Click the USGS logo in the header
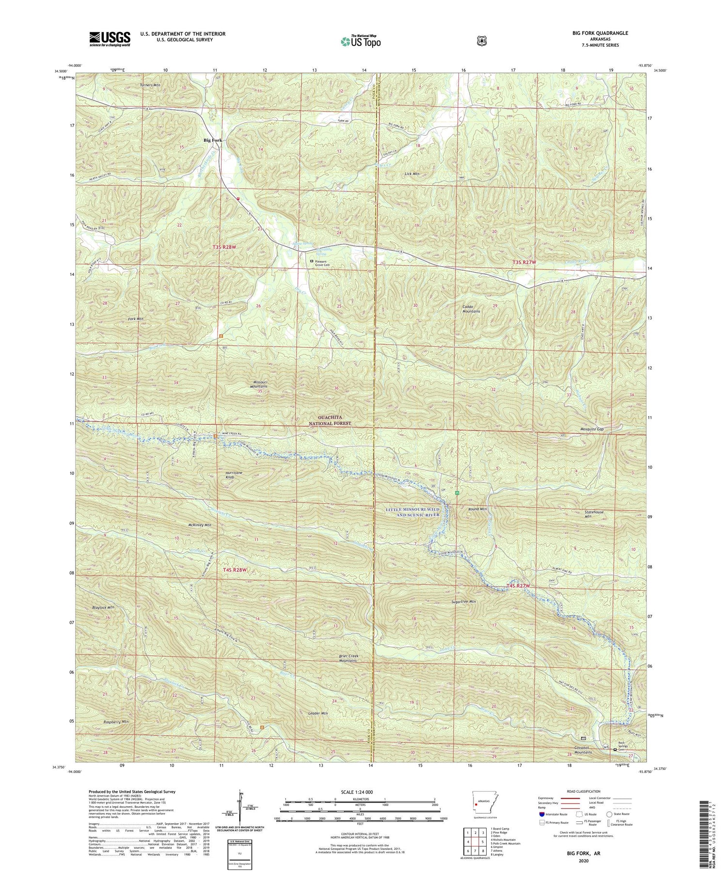click(x=110, y=39)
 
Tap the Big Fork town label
click(x=212, y=140)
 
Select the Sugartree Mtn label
click(x=463, y=602)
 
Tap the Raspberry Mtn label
click(x=116, y=721)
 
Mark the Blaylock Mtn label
click(x=103, y=607)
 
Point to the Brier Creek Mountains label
click(x=348, y=658)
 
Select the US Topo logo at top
click(x=361, y=42)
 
